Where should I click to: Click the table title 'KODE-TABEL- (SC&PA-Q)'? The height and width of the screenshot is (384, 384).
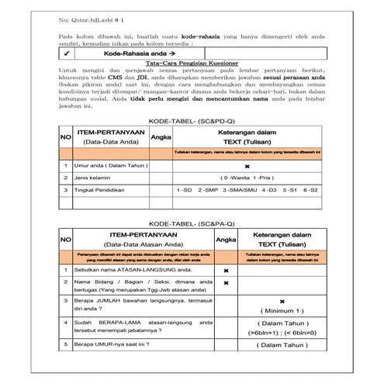(192, 223)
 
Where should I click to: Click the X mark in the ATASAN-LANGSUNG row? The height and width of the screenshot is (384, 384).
(225, 270)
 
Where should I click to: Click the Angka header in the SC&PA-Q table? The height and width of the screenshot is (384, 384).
(225, 240)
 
